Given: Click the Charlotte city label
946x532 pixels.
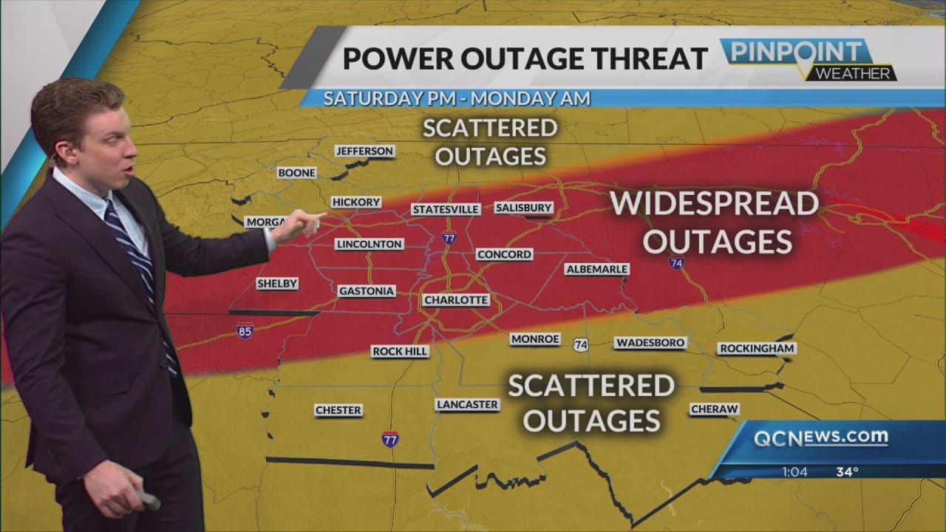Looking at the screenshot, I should coord(456,300).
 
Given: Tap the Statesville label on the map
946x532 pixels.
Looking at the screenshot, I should coord(446,209).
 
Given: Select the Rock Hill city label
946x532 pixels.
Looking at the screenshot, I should coord(400,352).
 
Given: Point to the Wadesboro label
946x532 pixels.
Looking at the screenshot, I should coord(650,343).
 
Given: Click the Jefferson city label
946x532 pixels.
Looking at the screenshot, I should coord(364,151).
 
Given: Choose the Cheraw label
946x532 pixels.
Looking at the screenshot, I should coord(714,409).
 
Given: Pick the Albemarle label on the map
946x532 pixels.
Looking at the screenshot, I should coord(596,269).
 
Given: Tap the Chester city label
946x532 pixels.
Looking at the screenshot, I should coord(338,410).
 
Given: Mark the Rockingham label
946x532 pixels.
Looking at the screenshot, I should coord(756,348).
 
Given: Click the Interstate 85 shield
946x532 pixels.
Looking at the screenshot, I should coord(245,331).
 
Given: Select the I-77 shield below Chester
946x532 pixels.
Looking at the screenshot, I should coord(390,438).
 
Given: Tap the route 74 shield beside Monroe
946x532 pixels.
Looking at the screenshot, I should coord(582,345).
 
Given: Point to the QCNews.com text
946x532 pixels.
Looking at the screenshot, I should coord(820,437).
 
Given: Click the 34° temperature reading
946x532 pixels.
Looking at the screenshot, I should coord(847,471).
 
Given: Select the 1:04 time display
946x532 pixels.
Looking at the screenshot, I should coord(795,471).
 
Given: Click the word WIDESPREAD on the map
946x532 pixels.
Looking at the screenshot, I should coord(715,203).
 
